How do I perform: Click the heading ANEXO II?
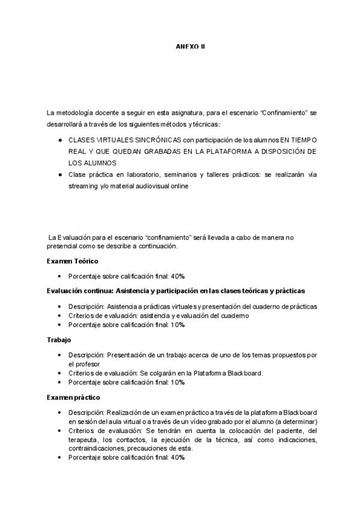[190, 46]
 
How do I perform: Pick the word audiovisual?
[150, 186]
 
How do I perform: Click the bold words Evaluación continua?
[79, 291]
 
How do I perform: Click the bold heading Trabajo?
[58, 340]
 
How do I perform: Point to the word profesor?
[87, 364]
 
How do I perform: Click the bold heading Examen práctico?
[73, 398]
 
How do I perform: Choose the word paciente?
[285, 431]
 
